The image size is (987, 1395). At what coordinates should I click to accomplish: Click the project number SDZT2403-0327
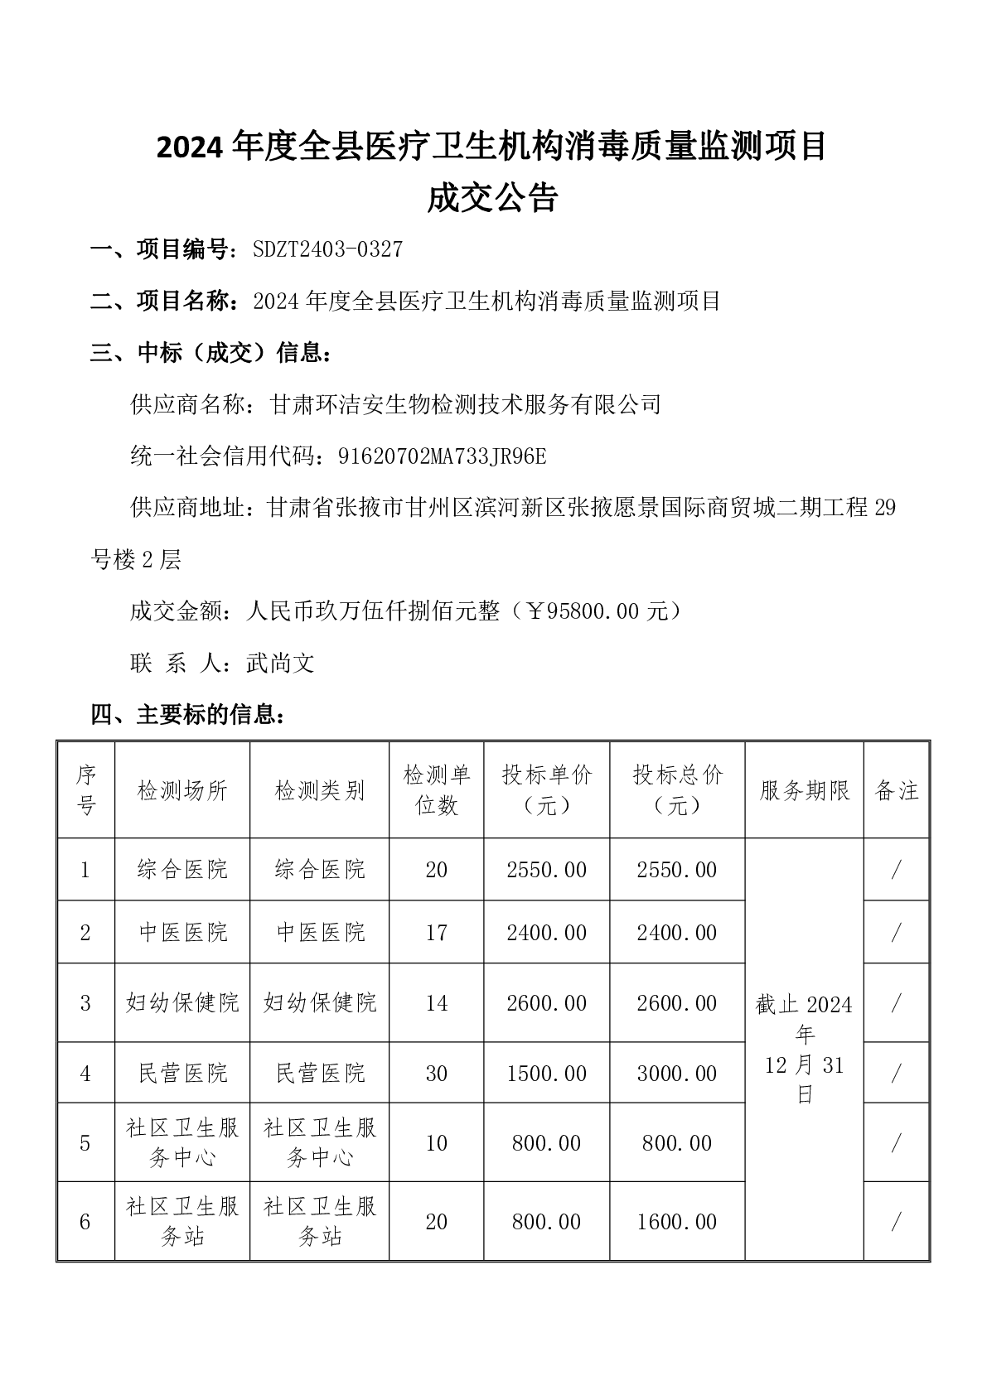pyautogui.click(x=327, y=249)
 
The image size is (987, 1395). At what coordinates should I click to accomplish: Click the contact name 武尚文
pyautogui.click(x=280, y=663)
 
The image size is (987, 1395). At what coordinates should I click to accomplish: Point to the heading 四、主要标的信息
pyautogui.click(x=189, y=714)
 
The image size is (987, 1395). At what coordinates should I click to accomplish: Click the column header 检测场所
pyautogui.click(x=182, y=790)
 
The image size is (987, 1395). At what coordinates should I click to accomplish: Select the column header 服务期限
pyautogui.click(x=804, y=790)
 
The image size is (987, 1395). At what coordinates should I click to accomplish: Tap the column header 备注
pyautogui.click(x=897, y=790)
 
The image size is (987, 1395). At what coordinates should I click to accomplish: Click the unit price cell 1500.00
pyautogui.click(x=547, y=1074)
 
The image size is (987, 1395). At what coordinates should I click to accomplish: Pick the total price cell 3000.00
pyautogui.click(x=677, y=1074)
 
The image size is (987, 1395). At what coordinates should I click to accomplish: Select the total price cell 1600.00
pyautogui.click(x=677, y=1222)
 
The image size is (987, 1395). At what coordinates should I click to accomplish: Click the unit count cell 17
pyautogui.click(x=436, y=933)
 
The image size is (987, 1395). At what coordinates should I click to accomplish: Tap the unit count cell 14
pyautogui.click(x=436, y=1003)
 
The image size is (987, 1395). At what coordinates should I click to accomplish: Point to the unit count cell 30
pyautogui.click(x=436, y=1074)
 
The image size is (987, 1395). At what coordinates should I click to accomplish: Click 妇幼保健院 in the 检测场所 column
pyautogui.click(x=182, y=1003)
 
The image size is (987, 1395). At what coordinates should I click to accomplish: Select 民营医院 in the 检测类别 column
pyautogui.click(x=320, y=1074)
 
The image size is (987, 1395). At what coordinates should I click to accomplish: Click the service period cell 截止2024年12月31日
pyautogui.click(x=804, y=1050)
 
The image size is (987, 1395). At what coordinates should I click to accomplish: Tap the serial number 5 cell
pyautogui.click(x=85, y=1143)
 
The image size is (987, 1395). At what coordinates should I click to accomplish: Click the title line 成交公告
pyautogui.click(x=492, y=199)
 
